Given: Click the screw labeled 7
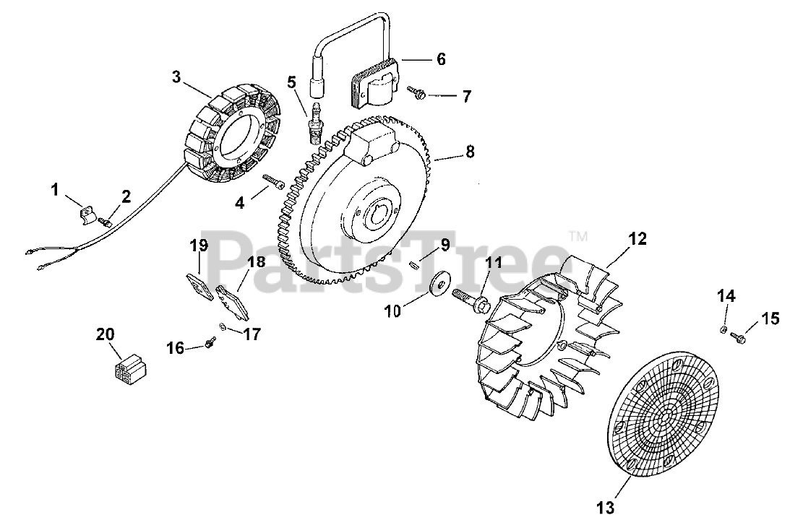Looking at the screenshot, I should [x=417, y=92].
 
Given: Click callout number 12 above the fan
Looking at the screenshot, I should [x=637, y=238].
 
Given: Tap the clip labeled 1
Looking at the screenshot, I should [x=85, y=213].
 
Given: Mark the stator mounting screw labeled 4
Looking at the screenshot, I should [x=271, y=181].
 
